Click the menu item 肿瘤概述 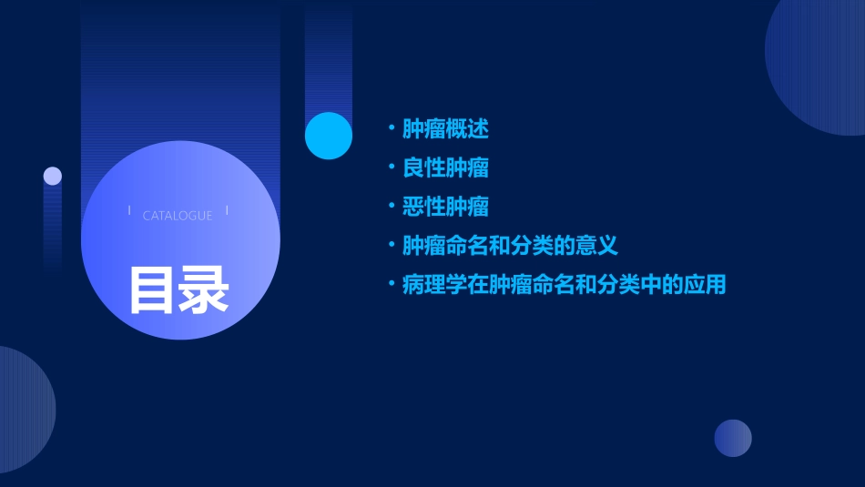click(445, 129)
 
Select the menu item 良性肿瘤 click(445, 168)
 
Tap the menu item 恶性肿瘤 click(445, 207)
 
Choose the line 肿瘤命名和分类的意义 click(510, 246)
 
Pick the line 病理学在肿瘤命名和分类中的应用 click(564, 285)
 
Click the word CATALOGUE click(178, 216)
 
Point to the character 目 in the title click(152, 289)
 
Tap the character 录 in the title click(204, 289)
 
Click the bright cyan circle click(329, 136)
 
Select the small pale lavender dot click(53, 176)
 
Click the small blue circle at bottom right click(733, 438)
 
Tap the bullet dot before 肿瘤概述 click(391, 129)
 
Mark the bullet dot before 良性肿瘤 click(391, 168)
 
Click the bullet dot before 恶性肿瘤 click(391, 207)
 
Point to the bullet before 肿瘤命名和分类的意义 click(391, 246)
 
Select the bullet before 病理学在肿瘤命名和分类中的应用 click(391, 285)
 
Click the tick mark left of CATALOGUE click(129, 211)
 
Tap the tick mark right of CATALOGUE click(227, 211)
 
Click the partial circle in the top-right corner click(819, 64)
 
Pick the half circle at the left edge click(23, 410)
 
